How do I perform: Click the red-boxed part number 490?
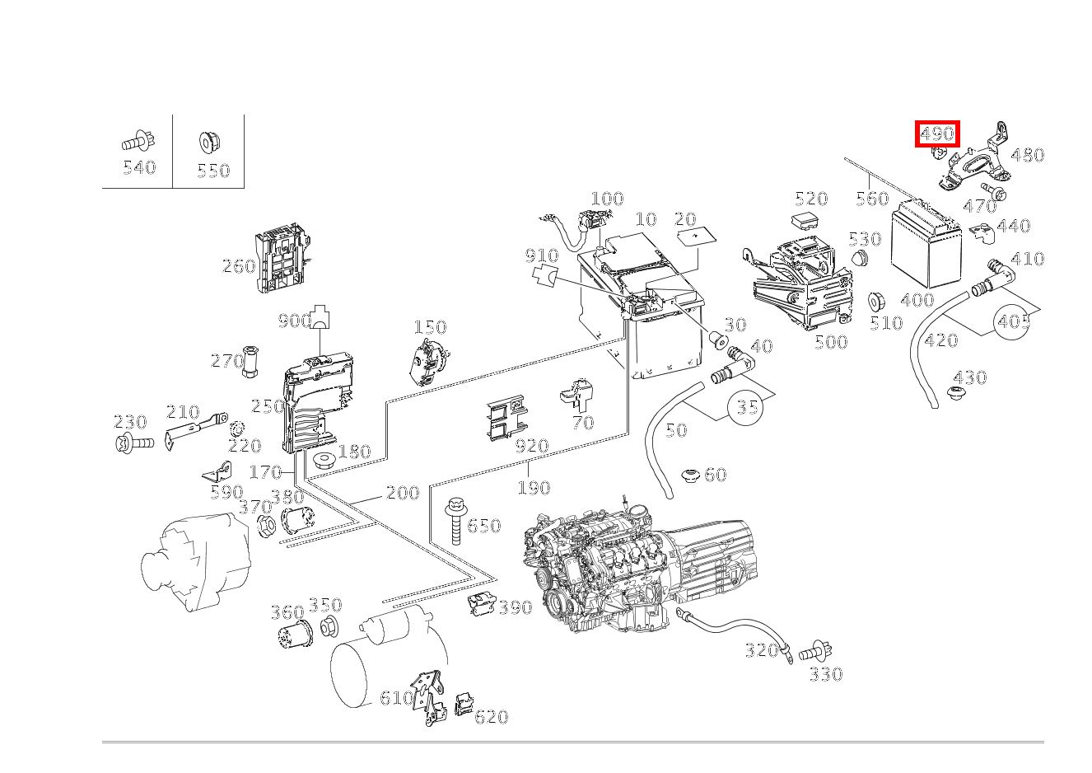(x=937, y=134)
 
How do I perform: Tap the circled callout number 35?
(x=746, y=407)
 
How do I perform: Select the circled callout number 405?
(x=1013, y=321)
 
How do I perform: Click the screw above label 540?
(x=138, y=140)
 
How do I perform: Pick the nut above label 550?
(x=208, y=143)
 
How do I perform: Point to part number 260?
(x=238, y=266)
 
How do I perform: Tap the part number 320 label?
(x=761, y=651)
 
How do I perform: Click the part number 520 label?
(x=810, y=199)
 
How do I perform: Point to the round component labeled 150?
(x=428, y=361)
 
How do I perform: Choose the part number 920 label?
(x=531, y=447)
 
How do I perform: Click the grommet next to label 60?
(x=690, y=475)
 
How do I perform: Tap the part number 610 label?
(x=396, y=698)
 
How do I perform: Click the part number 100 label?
(x=607, y=199)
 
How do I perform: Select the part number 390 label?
(x=516, y=608)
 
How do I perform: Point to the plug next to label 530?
(x=860, y=260)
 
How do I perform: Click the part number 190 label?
(x=533, y=488)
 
